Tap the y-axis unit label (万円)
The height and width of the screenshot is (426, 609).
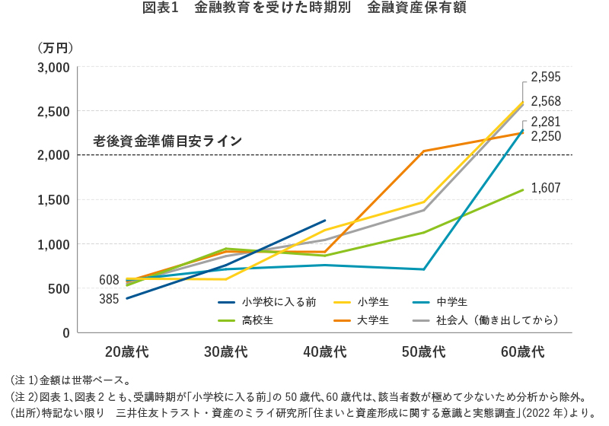pos(55,47)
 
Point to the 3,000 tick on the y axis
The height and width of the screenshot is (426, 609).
pos(54,67)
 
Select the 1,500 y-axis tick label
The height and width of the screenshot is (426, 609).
pos(54,200)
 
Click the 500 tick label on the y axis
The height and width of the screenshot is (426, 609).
pos(59,288)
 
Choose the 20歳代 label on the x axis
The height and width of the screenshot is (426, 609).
pos(126,351)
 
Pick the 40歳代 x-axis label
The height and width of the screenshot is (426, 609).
pos(324,351)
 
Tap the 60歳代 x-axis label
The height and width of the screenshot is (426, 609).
pos(522,351)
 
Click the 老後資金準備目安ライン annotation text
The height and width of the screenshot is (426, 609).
pos(167,141)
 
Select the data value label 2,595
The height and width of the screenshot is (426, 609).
pos(546,76)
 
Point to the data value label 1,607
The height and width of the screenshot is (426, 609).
pos(546,187)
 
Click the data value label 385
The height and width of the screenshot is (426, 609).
pos(109,299)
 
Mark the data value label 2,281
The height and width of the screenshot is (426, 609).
pos(546,122)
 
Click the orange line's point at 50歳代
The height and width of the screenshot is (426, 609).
pos(423,151)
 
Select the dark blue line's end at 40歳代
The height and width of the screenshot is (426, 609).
pos(324,221)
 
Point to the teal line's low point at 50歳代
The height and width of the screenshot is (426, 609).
pos(423,269)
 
